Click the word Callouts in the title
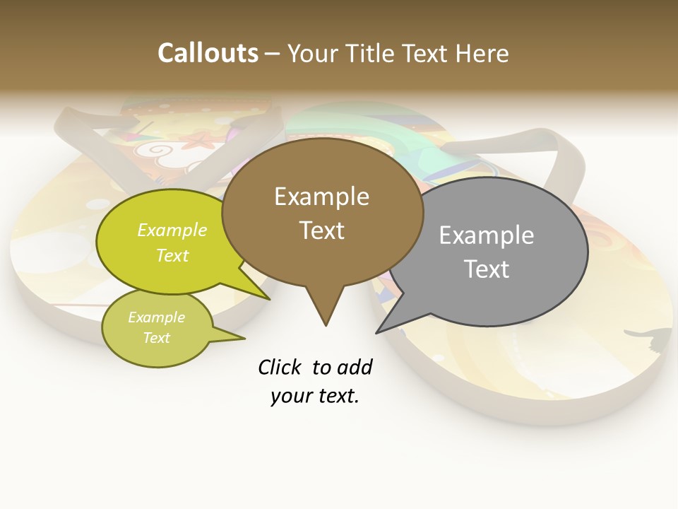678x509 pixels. (208, 53)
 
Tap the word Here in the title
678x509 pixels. (483, 53)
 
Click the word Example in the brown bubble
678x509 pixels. (321, 197)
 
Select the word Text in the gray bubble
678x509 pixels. (487, 269)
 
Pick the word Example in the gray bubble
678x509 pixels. (487, 235)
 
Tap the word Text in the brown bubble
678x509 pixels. (321, 230)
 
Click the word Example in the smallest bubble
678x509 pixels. (156, 317)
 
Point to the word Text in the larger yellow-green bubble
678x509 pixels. (172, 255)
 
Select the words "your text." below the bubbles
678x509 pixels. (315, 396)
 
